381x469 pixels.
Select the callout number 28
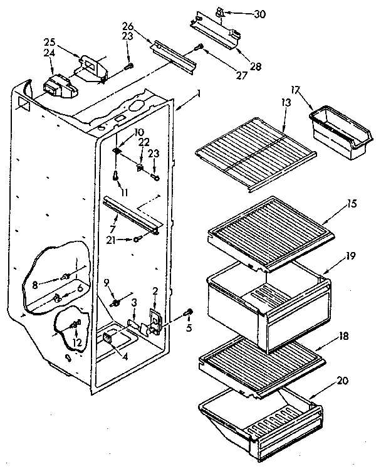point(239,66)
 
